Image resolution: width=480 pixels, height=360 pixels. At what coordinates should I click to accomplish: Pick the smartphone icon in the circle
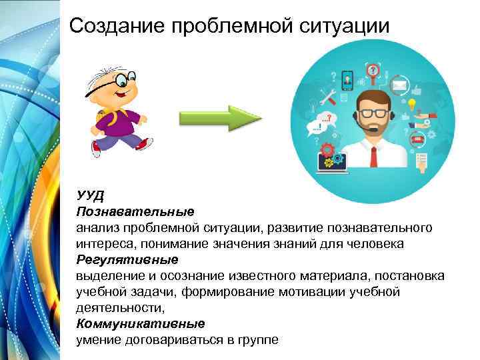(347, 80)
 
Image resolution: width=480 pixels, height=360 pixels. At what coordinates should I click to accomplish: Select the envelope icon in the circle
(399, 85)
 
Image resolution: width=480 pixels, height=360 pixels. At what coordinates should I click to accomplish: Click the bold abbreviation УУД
(91, 195)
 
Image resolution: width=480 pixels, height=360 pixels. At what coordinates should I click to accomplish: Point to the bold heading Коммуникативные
(140, 324)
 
